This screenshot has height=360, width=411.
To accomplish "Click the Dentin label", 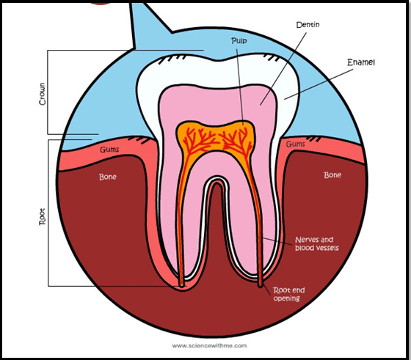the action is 308,25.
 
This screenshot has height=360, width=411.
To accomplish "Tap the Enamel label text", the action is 361,62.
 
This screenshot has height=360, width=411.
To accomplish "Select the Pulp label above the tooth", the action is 239,41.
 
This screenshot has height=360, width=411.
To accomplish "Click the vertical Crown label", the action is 43,94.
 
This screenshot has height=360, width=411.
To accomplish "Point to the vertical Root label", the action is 43,216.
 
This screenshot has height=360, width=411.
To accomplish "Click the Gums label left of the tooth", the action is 109,150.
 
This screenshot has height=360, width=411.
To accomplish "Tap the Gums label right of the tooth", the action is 295,144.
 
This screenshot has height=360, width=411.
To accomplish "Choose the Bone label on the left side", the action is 108,177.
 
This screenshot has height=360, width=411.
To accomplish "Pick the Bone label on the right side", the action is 332,175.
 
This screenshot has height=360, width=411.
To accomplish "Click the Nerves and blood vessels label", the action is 317,243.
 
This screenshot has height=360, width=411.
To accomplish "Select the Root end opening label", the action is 289,294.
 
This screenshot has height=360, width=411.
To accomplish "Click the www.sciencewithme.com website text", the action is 209,345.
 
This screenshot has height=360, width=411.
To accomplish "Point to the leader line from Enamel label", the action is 319,84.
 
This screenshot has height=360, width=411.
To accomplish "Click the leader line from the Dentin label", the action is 283,69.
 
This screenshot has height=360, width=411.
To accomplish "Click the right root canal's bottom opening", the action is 261,285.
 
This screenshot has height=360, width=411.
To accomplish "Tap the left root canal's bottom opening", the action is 181,285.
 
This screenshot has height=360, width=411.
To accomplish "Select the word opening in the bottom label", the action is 286,298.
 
